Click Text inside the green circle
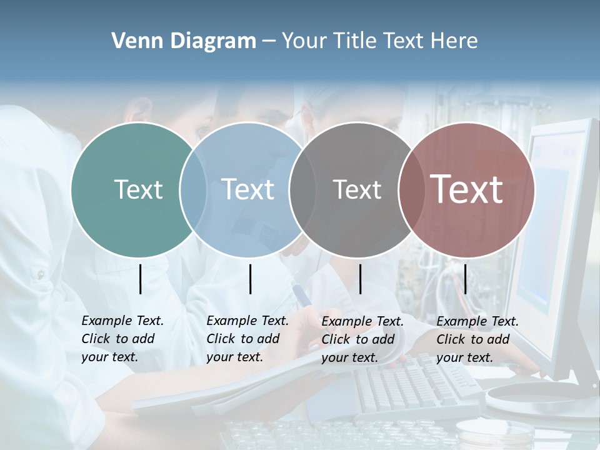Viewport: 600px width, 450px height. coord(138,189)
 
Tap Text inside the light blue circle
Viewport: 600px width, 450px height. coord(248,189)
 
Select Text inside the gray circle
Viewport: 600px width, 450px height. coord(357,189)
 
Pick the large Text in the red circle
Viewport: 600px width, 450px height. coord(467,189)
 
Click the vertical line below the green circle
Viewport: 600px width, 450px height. coord(141,279)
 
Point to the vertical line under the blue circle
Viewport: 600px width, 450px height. coord(250,279)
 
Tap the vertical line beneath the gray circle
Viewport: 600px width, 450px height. coord(360,279)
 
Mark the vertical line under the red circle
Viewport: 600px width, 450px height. coord(466,279)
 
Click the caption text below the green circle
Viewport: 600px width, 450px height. coord(122,339)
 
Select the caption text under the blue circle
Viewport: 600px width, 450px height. coord(247,339)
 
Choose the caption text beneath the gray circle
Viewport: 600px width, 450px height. coord(362,339)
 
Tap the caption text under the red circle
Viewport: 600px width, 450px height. coord(477,339)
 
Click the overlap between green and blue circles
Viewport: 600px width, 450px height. coord(193,189)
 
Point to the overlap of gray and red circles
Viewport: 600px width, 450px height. coord(410,189)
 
